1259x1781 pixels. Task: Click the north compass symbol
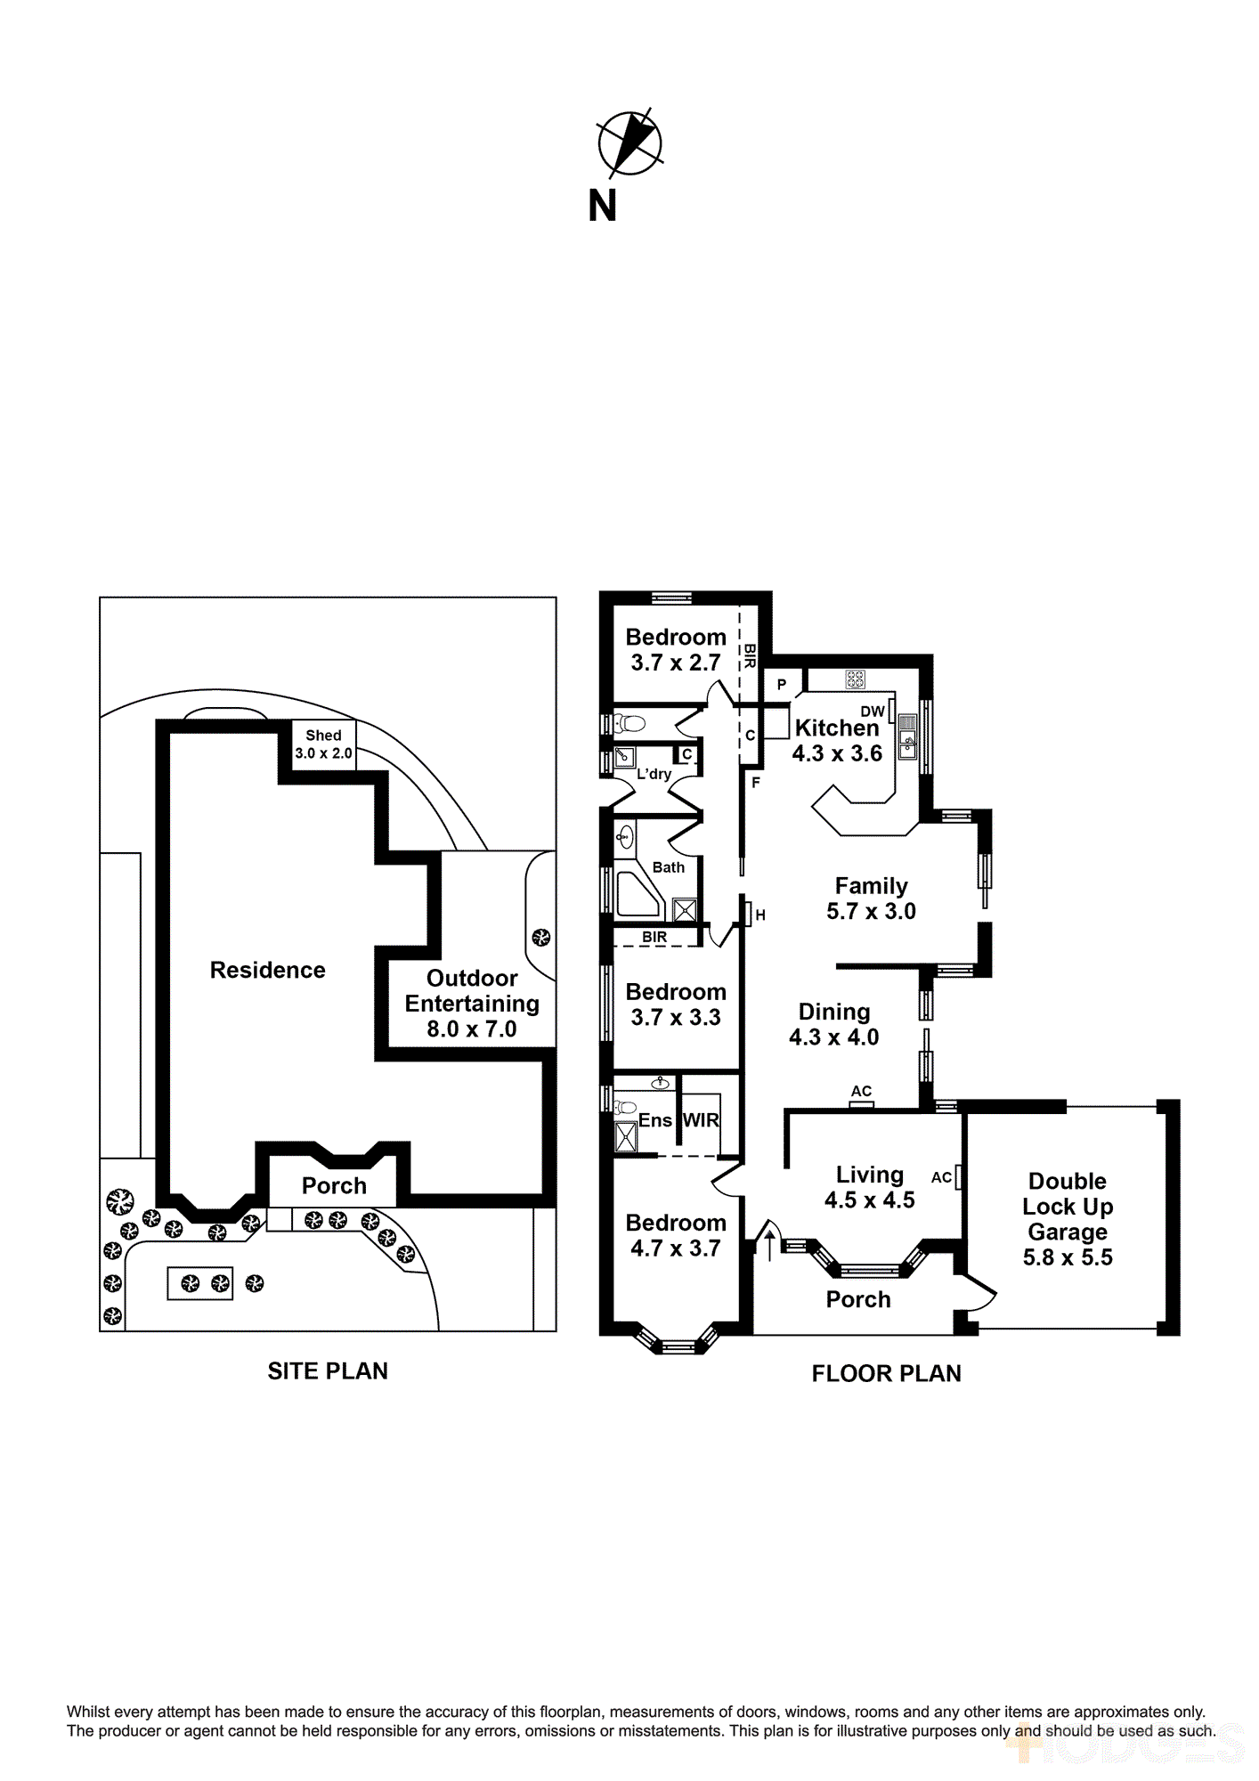[x=629, y=142]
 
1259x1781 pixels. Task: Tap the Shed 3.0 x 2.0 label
[x=323, y=744]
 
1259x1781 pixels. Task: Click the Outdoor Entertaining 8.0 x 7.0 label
[x=472, y=1003]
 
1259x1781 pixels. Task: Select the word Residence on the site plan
[x=267, y=970]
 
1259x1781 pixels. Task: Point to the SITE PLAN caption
[x=328, y=1370]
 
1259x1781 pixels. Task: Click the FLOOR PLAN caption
[x=886, y=1373]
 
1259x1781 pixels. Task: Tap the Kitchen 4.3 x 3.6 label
[x=837, y=740]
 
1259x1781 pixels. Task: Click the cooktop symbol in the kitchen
[x=855, y=679]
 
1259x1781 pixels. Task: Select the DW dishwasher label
[x=872, y=712]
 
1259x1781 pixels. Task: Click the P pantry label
[x=782, y=685]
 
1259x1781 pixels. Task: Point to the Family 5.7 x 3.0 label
[x=871, y=898]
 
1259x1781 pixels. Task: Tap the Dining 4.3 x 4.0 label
[x=833, y=1024]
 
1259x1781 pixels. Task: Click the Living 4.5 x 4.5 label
[x=869, y=1187]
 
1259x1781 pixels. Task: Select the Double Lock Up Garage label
[x=1067, y=1218]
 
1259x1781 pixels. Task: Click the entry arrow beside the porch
[x=769, y=1244]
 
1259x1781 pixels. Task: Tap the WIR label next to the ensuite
[x=701, y=1120]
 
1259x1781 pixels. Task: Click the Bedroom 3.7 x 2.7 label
[x=675, y=649]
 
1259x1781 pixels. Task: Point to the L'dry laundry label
[x=654, y=774]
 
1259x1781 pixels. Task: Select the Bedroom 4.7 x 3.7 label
[x=675, y=1235]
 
